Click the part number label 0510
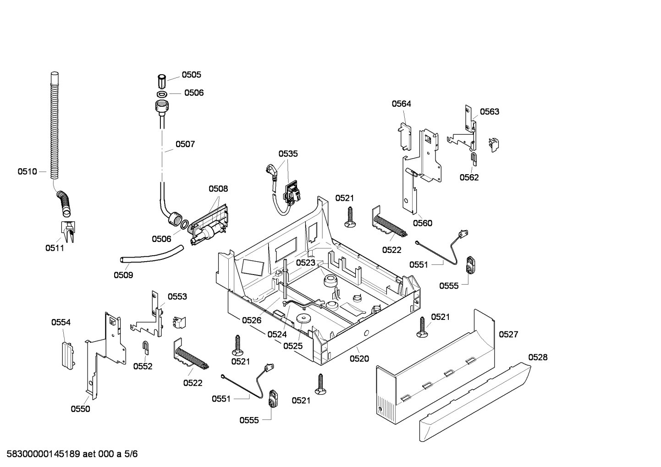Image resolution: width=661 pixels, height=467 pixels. click(x=27, y=171)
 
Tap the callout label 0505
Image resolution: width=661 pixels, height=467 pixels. click(x=191, y=75)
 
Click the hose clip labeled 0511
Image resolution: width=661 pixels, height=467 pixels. click(x=68, y=232)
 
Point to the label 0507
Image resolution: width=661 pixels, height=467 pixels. click(x=185, y=144)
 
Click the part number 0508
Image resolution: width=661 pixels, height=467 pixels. click(x=218, y=188)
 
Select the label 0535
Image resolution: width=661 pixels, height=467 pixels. click(x=288, y=154)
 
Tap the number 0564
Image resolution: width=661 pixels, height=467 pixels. click(x=401, y=104)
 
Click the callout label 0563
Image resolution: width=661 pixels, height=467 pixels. click(x=490, y=111)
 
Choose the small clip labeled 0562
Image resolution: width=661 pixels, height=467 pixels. click(x=474, y=159)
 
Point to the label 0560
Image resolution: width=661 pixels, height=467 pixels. click(x=422, y=223)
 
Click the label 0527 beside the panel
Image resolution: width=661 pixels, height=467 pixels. click(x=508, y=334)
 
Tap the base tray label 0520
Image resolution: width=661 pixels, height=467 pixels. click(x=359, y=359)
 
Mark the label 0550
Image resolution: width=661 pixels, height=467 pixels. click(x=80, y=409)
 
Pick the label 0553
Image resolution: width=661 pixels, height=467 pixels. click(x=177, y=297)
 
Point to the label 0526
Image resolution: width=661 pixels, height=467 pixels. click(x=251, y=320)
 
